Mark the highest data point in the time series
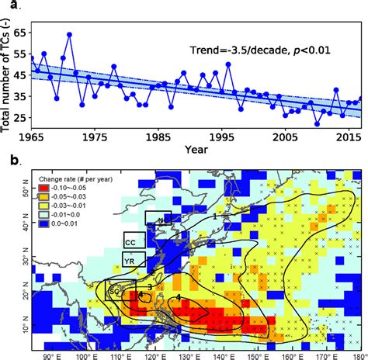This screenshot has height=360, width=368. pyautogui.click(x=69, y=35)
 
